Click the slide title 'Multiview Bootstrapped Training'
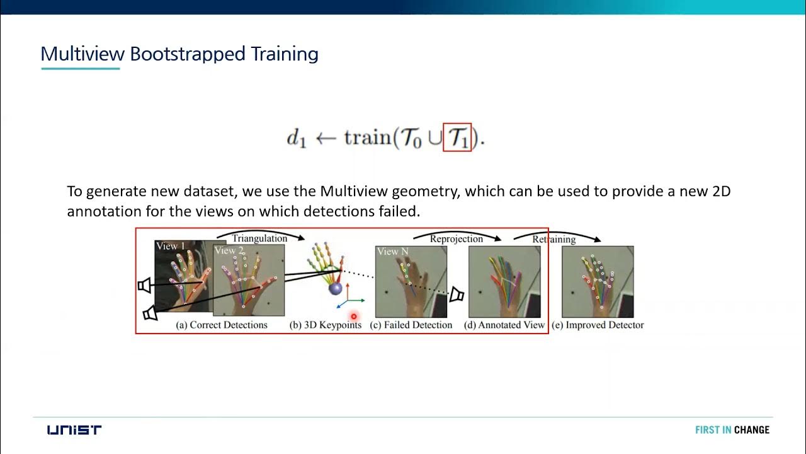coord(179,54)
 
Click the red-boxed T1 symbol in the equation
coord(457,137)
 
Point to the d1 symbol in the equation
coord(296,139)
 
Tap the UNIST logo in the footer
coord(74,430)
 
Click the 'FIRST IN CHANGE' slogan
coord(732,430)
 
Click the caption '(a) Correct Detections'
coord(222,325)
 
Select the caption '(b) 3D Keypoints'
coord(326,325)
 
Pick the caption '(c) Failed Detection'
coord(411,325)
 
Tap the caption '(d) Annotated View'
coord(504,325)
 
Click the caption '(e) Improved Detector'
coord(598,325)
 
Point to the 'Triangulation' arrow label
coord(259,238)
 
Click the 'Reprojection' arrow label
coord(457,239)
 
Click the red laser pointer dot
coord(354,317)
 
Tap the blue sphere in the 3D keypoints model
coord(336,289)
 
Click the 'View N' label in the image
coord(392,252)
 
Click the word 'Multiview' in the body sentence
coord(356,192)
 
